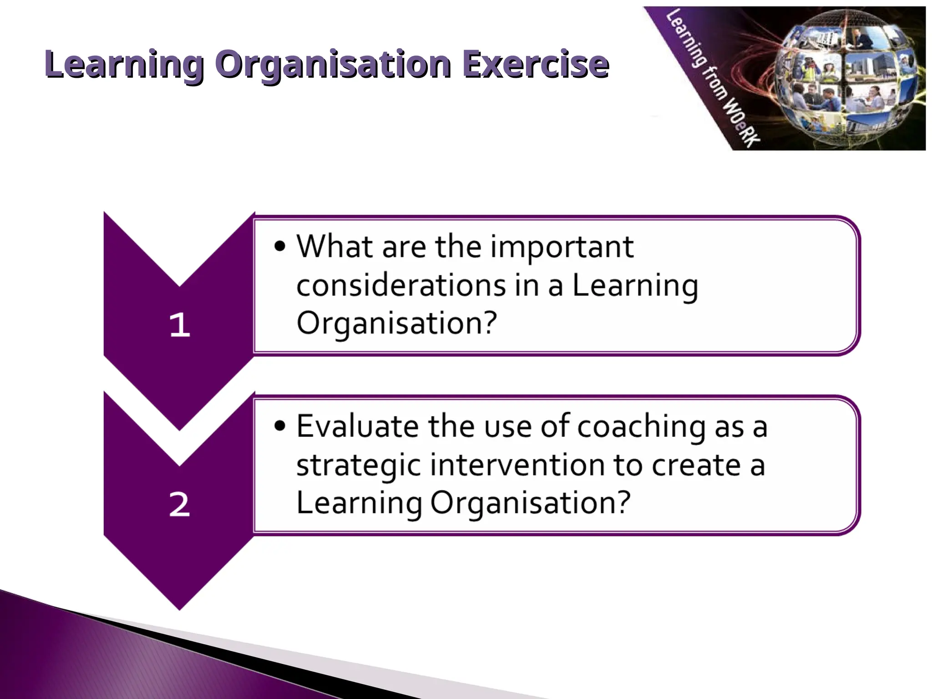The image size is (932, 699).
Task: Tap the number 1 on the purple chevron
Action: [x=179, y=325]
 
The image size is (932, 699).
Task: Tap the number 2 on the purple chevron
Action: [x=179, y=504]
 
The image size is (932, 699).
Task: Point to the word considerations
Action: [x=401, y=286]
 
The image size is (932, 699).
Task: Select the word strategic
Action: [x=359, y=466]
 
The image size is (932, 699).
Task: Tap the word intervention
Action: [x=517, y=465]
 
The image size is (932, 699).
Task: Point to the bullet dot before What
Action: [x=280, y=246]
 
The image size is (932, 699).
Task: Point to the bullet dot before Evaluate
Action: [x=280, y=426]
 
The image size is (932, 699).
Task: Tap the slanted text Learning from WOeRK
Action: [x=712, y=77]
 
